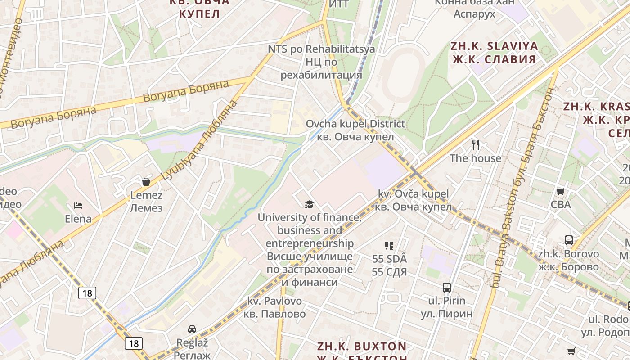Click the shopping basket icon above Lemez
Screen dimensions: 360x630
click(x=146, y=182)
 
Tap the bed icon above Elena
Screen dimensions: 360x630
click(x=78, y=206)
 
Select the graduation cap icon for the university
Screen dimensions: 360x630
click(x=309, y=205)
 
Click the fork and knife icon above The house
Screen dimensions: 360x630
click(x=476, y=145)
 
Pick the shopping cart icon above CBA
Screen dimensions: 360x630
click(x=560, y=192)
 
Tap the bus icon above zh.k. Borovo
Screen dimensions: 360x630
click(x=569, y=240)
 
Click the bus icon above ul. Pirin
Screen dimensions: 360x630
click(x=446, y=287)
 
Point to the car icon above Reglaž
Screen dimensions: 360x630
click(x=192, y=329)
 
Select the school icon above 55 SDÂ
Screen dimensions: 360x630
click(x=389, y=246)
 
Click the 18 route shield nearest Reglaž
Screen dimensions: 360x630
click(x=135, y=343)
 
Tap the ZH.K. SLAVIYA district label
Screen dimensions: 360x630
click(x=494, y=52)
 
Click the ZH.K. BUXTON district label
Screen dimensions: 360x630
click(x=362, y=346)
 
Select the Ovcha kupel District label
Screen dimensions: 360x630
click(x=355, y=130)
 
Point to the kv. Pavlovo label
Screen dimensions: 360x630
click(x=274, y=307)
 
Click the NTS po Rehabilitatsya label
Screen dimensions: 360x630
click(x=321, y=62)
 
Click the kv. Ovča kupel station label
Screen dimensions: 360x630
click(x=413, y=200)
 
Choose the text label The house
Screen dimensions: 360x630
click(x=476, y=158)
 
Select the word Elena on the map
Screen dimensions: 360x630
click(x=78, y=219)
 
